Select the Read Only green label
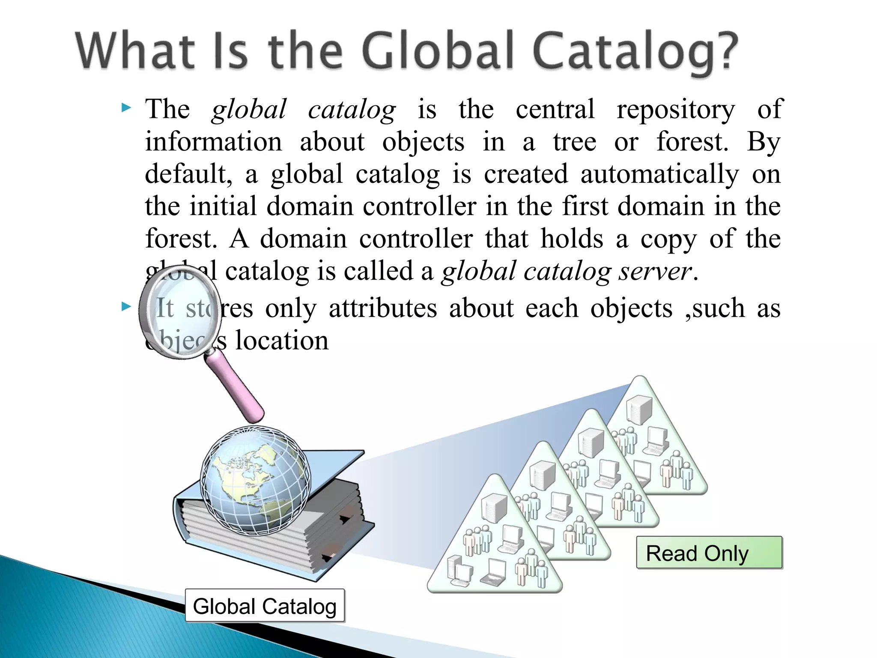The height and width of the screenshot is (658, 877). pyautogui.click(x=709, y=553)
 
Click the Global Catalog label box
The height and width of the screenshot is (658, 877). pyautogui.click(x=265, y=606)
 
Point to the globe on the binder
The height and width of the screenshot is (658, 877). pyautogui.click(x=256, y=480)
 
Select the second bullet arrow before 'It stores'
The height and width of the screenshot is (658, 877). pyautogui.click(x=126, y=306)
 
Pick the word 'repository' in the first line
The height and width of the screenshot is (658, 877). pyautogui.click(x=675, y=109)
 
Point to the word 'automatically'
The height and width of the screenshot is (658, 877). pyautogui.click(x=659, y=174)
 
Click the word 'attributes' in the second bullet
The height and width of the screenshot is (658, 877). pyautogui.click(x=383, y=308)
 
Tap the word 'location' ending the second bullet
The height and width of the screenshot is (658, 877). pyautogui.click(x=282, y=341)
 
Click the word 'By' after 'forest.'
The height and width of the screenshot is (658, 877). pyautogui.click(x=764, y=141)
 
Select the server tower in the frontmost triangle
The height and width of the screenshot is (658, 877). pyautogui.click(x=495, y=508)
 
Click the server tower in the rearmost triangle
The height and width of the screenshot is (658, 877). pyautogui.click(x=639, y=410)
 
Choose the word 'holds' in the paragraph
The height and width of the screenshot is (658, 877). pyautogui.click(x=571, y=239)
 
